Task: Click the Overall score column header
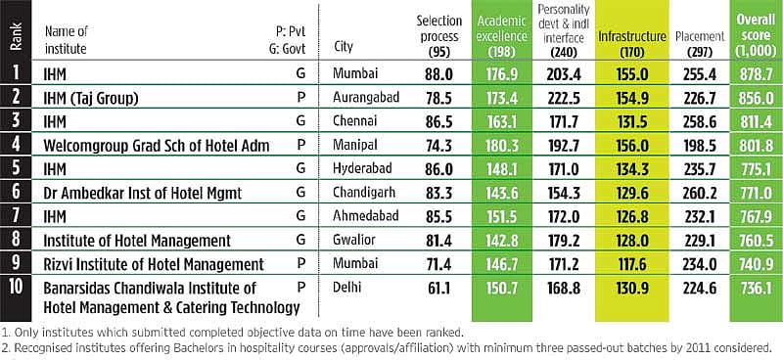(x=757, y=35)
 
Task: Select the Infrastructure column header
(x=632, y=43)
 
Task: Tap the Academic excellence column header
(x=502, y=35)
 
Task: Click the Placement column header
(x=700, y=43)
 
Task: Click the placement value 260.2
(x=700, y=193)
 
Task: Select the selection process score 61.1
(x=438, y=289)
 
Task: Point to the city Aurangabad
(x=366, y=97)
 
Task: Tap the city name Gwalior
(x=354, y=240)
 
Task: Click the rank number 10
(x=16, y=289)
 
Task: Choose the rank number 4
(x=16, y=145)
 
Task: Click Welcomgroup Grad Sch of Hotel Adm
(x=157, y=146)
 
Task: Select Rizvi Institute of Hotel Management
(x=154, y=264)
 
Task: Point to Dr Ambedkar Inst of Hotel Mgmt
(x=142, y=193)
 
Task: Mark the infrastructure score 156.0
(x=632, y=146)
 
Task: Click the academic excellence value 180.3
(x=502, y=146)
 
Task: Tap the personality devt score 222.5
(x=564, y=98)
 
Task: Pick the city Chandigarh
(x=364, y=193)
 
